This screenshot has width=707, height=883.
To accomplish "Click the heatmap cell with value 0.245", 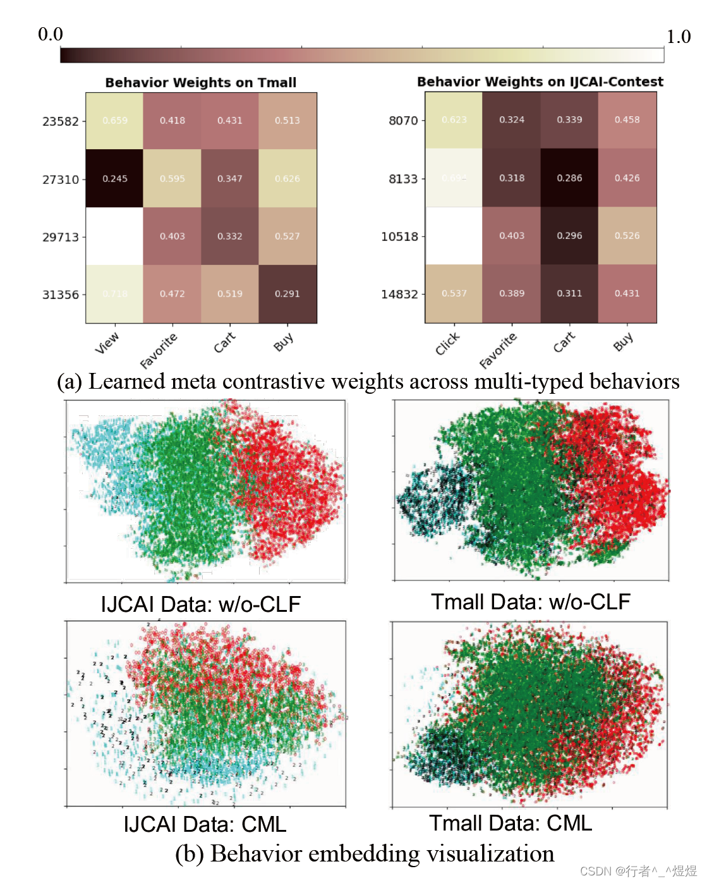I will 114,179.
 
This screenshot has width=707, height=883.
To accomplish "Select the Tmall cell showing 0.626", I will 287,179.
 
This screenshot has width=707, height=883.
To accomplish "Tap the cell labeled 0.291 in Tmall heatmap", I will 287,294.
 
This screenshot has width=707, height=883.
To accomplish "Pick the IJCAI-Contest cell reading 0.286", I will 569,178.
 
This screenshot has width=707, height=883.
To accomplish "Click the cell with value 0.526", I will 627,236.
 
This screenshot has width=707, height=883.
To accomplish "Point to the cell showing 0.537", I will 454,293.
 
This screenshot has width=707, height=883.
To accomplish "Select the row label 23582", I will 61,121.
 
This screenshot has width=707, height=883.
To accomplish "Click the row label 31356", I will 61,295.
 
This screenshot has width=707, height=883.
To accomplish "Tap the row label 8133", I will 403,179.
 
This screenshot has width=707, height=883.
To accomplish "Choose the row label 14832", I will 399,294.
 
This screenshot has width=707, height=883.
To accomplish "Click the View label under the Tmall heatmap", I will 107,343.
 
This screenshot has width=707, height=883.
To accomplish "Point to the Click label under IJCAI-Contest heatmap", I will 447,344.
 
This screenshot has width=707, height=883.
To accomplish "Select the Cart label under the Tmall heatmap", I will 224,343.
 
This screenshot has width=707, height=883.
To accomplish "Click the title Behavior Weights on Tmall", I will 201,83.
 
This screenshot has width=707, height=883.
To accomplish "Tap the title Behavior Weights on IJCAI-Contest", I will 540,82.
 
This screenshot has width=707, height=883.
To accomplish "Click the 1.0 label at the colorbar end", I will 679,37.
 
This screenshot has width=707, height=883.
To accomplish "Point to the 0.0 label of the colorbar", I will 51,34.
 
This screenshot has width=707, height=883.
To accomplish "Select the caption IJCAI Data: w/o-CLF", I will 201,604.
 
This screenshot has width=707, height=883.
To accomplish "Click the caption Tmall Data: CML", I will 511,823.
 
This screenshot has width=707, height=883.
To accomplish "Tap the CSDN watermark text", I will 638,871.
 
